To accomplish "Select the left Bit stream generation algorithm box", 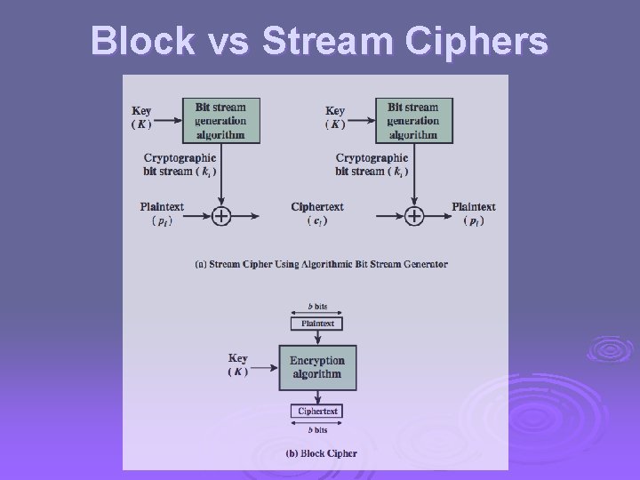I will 220,121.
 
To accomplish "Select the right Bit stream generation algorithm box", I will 412,121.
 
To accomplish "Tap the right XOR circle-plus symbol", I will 413,215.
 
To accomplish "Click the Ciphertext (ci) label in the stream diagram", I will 317,213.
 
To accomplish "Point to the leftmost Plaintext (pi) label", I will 162,213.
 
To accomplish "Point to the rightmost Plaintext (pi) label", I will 473,213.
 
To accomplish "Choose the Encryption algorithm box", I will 316,367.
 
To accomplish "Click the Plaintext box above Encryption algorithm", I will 316,324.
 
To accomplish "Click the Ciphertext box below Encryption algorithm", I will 316,412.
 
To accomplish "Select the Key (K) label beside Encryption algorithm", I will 237,365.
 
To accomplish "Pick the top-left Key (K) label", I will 141,117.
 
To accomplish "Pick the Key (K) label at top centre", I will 335,117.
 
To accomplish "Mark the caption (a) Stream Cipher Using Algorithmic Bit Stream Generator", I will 321,264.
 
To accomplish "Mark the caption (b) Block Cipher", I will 321,453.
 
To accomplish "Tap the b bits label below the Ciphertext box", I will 316,430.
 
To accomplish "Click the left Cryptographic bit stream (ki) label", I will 180,164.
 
